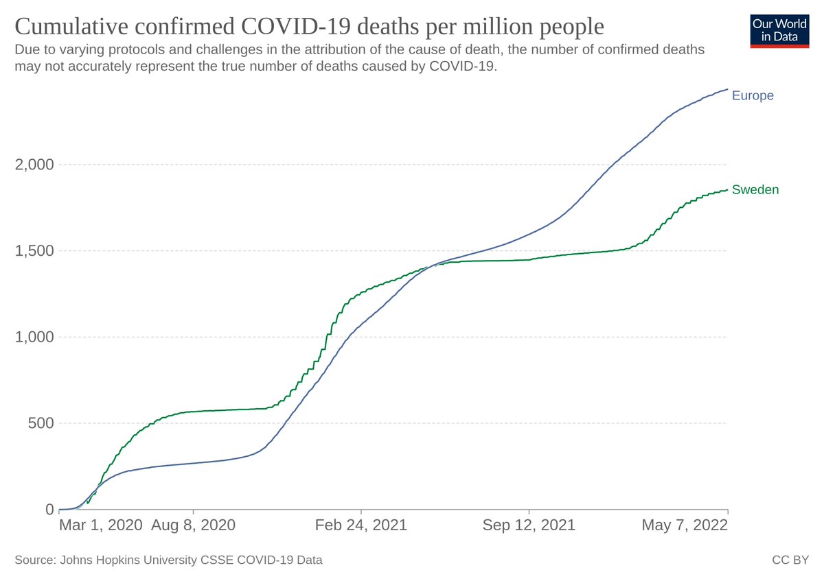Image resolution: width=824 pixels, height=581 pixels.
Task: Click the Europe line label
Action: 753,95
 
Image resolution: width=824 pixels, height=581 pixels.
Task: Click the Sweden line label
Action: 755,190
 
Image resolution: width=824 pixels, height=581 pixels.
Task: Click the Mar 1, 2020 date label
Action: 101,525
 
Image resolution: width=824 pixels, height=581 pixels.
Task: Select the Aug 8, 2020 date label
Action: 193,525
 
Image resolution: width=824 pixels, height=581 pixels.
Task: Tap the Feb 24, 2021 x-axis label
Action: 360,525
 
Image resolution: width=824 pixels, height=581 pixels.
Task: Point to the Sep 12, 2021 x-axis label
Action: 529,525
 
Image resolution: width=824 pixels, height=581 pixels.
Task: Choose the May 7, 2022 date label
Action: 685,525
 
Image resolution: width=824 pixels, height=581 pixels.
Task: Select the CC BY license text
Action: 790,560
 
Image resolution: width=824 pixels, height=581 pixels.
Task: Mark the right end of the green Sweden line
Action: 727,190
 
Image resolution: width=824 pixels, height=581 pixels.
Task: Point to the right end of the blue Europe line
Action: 727,89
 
